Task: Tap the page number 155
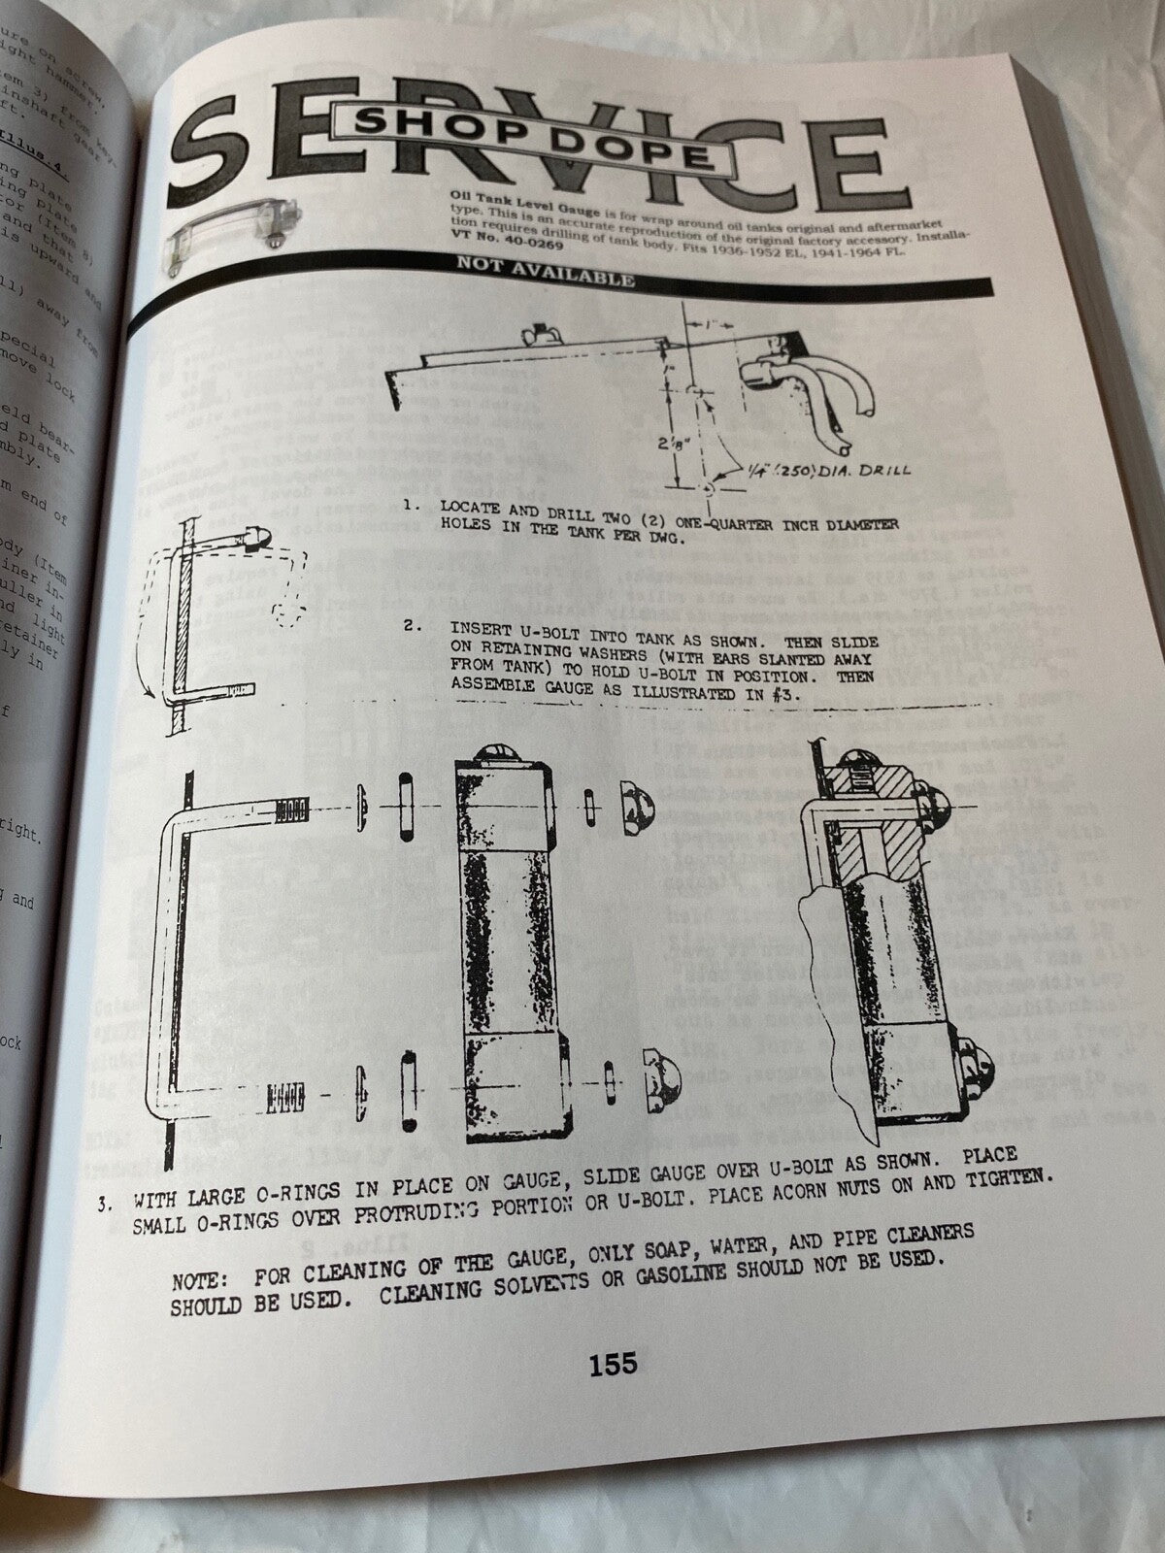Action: (x=613, y=1364)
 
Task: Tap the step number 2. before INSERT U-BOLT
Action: (x=414, y=627)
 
